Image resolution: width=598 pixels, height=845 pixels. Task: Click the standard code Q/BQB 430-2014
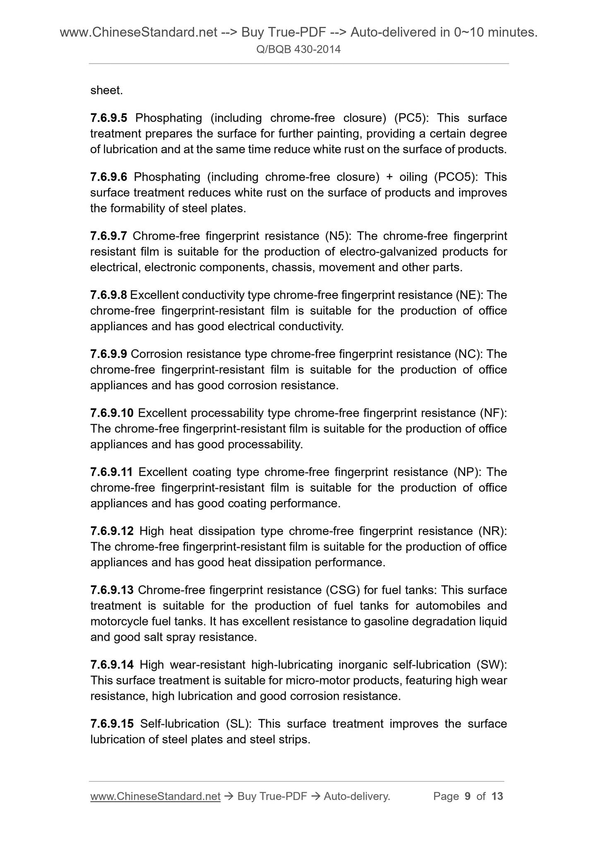pyautogui.click(x=298, y=50)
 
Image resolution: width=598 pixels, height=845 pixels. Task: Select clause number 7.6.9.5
pyautogui.click(x=109, y=118)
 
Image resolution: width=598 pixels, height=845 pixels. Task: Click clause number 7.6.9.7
pyautogui.click(x=109, y=236)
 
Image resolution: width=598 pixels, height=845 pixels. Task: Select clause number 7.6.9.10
pyautogui.click(x=112, y=413)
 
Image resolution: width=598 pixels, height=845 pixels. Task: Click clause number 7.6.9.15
pyautogui.click(x=112, y=724)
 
